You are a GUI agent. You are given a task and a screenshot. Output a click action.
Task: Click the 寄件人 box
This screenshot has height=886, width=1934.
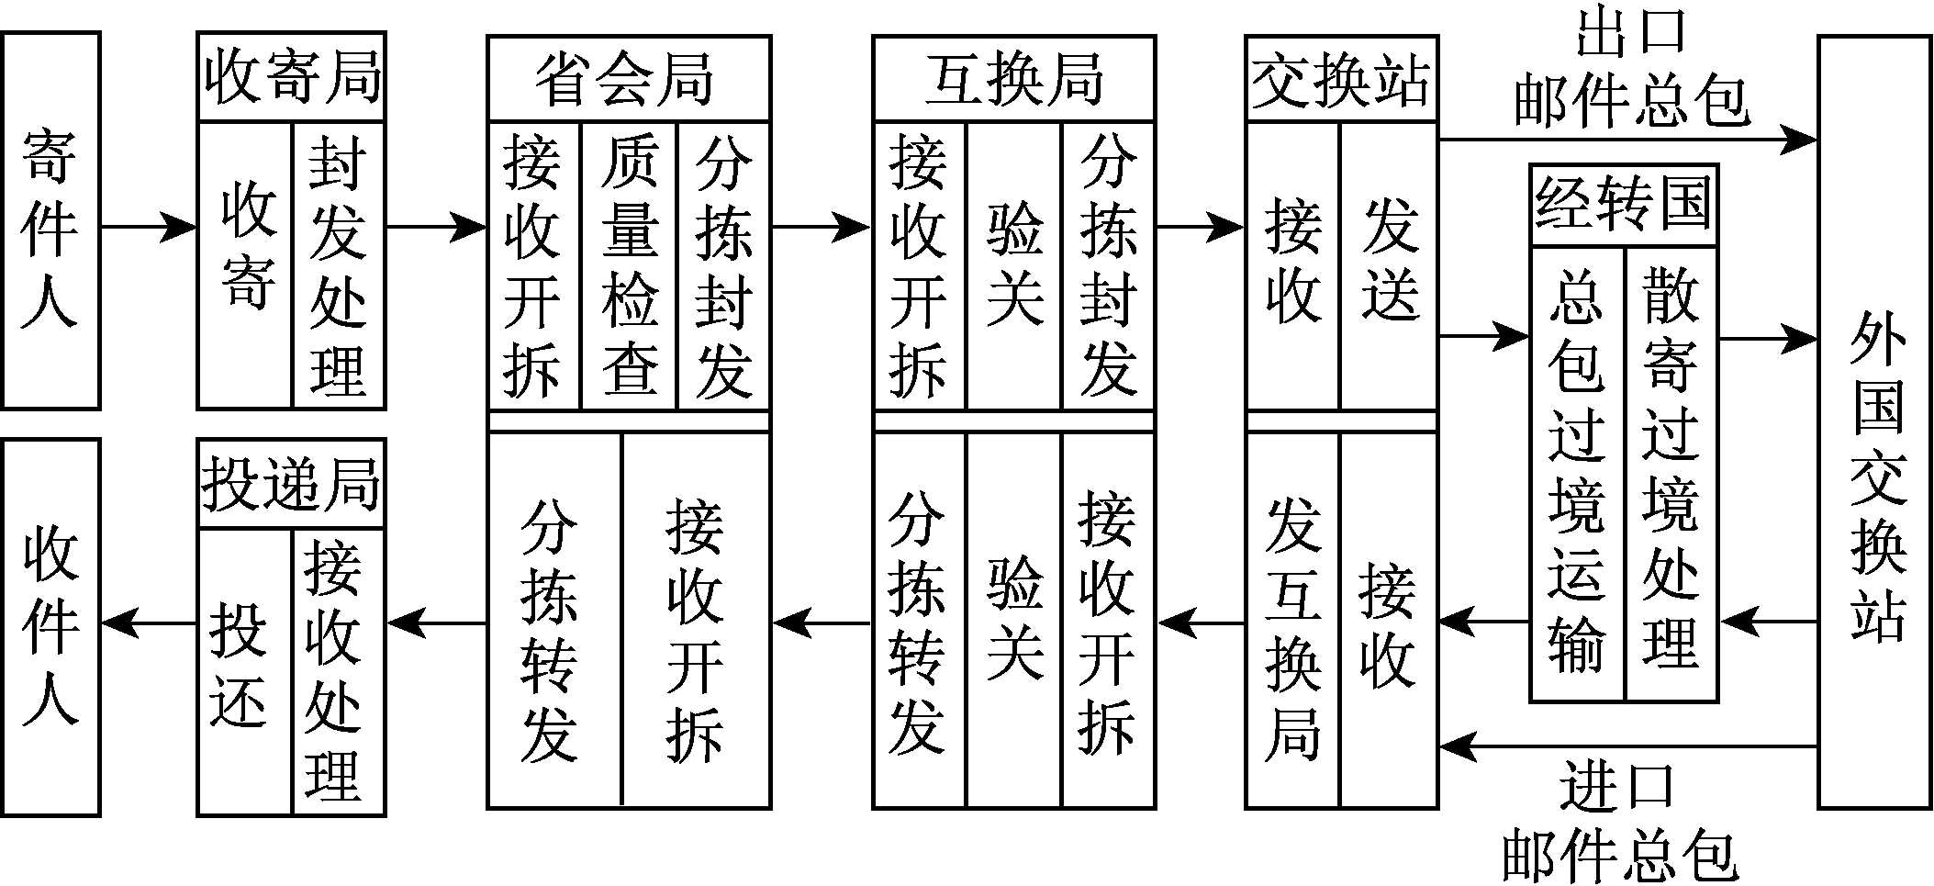tap(50, 220)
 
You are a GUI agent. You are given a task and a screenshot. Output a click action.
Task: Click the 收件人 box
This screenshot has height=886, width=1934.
tap(50, 626)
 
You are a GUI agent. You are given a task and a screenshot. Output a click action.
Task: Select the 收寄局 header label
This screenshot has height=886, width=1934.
tap(291, 77)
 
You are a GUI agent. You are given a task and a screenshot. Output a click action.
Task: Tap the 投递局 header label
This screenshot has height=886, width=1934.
tap(291, 484)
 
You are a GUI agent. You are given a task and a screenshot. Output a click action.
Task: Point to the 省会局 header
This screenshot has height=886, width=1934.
tap(628, 79)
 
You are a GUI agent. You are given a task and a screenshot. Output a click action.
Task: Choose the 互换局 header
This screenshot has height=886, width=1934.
tap(1013, 79)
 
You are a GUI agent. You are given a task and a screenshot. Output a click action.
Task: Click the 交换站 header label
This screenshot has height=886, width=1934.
tap(1340, 79)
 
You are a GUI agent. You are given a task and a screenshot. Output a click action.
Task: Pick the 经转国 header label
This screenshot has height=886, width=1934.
tap(1623, 206)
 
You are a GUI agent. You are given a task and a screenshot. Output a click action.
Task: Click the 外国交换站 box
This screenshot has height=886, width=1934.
tap(1876, 422)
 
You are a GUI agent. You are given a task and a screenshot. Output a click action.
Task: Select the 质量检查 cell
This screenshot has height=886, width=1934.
tap(630, 266)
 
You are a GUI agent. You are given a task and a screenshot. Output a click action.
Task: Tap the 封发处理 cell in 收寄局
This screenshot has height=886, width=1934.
tap(338, 266)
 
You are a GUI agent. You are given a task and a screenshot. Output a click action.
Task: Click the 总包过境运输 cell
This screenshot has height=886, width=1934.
tap(1577, 474)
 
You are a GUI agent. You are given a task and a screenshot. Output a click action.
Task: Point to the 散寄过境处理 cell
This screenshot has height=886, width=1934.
tap(1671, 474)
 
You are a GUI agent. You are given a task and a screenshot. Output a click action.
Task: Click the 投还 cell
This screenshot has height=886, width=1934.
tap(244, 670)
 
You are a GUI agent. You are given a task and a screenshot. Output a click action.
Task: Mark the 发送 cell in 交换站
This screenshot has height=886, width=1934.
tap(1389, 266)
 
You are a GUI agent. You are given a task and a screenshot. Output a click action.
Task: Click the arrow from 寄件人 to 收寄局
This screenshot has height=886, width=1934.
tap(147, 226)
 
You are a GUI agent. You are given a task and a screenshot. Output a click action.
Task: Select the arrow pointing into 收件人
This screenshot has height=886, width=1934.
tap(147, 624)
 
